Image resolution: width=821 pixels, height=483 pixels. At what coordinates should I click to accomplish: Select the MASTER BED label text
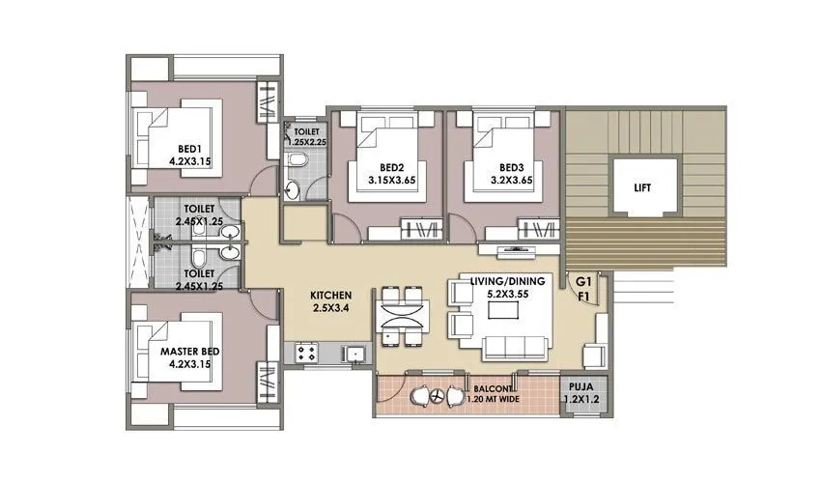(188, 353)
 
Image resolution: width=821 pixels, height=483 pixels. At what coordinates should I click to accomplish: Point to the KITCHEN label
(330, 295)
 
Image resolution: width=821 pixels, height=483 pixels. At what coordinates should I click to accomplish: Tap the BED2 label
(390, 165)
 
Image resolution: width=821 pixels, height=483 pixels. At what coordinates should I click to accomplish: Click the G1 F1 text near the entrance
(583, 289)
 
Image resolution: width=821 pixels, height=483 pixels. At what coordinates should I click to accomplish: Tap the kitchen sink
(355, 353)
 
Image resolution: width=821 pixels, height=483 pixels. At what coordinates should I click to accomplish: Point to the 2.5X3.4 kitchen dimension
(330, 309)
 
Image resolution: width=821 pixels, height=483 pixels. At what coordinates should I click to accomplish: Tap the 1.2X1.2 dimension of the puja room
(582, 397)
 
